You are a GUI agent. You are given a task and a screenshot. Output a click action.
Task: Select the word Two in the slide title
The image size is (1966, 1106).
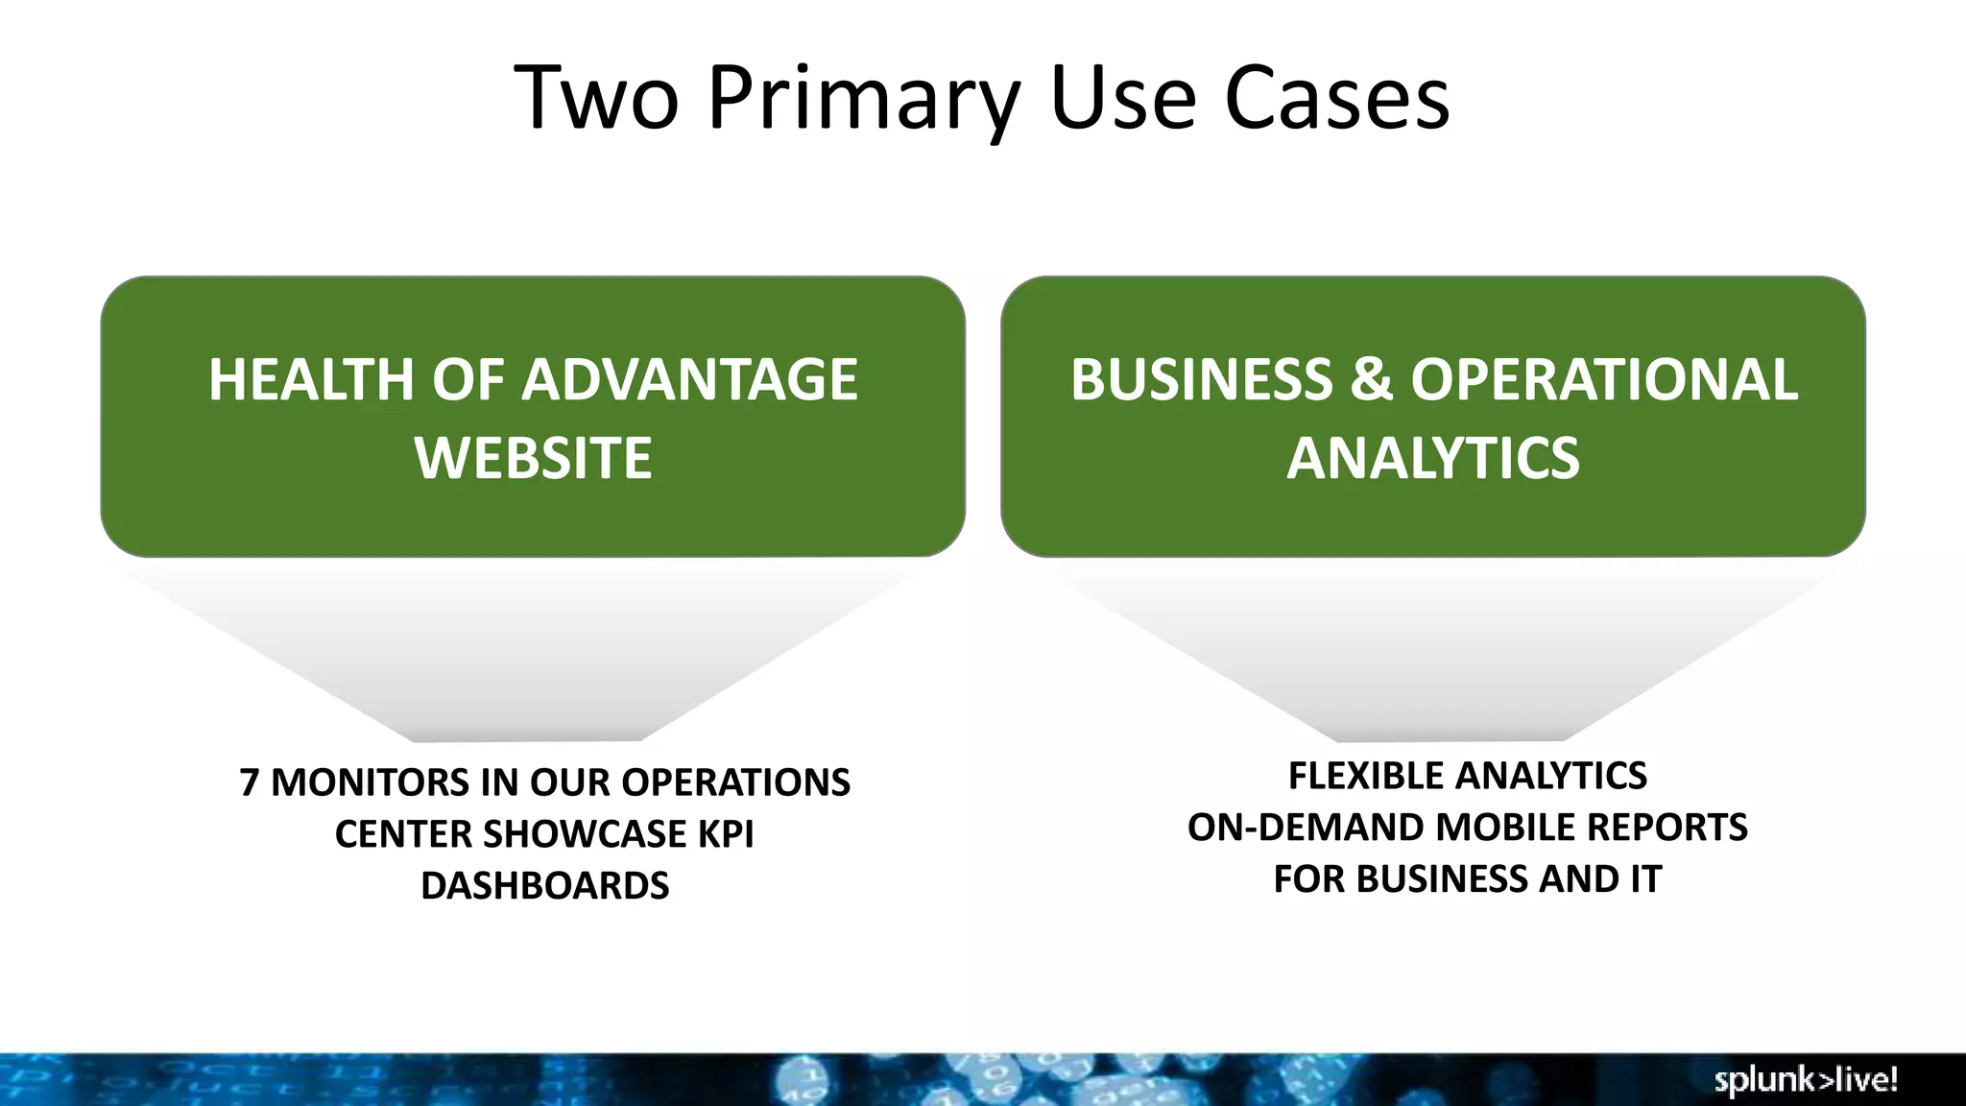[x=596, y=98]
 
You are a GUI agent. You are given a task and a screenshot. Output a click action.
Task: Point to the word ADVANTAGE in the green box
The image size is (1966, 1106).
[x=689, y=379]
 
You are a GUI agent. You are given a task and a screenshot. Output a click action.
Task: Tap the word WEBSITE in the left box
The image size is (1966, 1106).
[x=534, y=457]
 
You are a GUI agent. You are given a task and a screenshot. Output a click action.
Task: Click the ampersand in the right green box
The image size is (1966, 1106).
[x=1372, y=379]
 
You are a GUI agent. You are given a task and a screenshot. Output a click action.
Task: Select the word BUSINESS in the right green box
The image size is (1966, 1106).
[x=1201, y=379]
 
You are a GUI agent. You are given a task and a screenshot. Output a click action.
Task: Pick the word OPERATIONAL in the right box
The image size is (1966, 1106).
[x=1604, y=379]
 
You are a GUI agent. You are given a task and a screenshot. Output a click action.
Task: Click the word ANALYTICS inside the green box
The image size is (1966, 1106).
[x=1432, y=457]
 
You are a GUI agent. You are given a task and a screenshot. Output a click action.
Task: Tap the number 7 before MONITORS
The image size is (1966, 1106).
[x=250, y=782]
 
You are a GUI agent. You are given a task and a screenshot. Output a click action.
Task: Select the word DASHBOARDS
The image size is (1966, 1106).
[x=544, y=885]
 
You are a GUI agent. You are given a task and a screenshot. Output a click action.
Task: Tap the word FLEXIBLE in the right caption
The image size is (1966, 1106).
[x=1362, y=776]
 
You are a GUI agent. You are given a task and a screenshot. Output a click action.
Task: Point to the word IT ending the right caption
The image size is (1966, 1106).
[x=1645, y=879]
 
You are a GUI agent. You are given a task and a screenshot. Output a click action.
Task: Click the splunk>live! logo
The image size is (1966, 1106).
[x=1806, y=1080]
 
